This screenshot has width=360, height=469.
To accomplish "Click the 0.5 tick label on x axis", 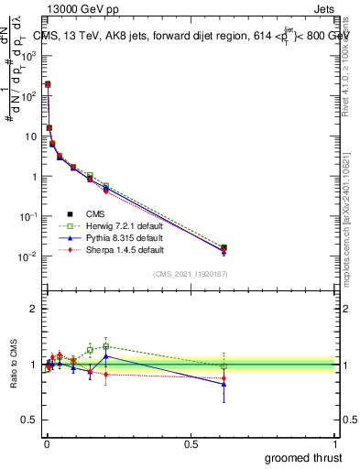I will point(191,443).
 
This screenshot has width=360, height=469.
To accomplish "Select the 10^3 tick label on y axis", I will point(28,55).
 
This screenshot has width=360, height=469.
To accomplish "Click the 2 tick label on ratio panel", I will point(33,309).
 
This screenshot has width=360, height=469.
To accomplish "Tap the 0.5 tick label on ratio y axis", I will point(28,421).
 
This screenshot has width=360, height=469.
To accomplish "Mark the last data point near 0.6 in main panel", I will point(224,248).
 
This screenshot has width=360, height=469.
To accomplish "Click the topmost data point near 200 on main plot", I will point(48,84).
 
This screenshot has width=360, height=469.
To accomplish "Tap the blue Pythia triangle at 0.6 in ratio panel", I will point(224,385).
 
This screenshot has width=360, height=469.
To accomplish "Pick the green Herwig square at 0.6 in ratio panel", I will point(224,365).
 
